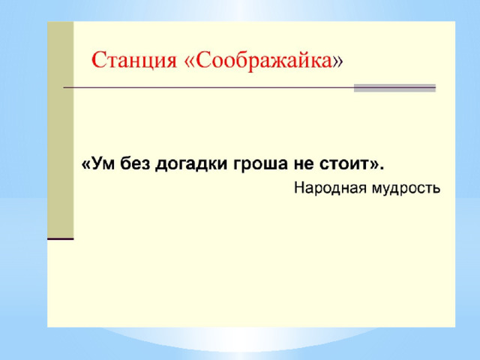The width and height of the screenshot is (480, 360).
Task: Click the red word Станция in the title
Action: [134, 61]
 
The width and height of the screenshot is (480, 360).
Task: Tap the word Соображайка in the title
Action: [264, 61]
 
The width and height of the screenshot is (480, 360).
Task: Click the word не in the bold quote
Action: [303, 164]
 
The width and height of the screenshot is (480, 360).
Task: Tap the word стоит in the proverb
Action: [343, 164]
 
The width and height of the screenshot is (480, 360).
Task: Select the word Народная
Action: [330, 188]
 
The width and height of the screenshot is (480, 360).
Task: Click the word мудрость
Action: [406, 188]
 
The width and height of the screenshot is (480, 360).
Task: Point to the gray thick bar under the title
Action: [394, 88]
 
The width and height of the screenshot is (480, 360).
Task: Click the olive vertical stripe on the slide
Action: [60, 129]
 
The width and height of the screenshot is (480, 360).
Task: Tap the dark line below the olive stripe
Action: [60, 238]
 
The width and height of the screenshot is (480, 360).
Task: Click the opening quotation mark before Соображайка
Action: [190, 61]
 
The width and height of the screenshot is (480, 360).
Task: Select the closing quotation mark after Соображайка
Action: [338, 61]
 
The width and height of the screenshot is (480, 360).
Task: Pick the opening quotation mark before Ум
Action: [86, 165]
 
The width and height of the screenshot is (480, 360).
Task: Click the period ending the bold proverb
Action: [381, 168]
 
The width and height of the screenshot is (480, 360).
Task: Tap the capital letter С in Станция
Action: [98, 60]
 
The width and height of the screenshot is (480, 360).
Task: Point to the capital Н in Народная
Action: [299, 187]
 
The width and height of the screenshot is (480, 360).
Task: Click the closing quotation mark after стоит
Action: [373, 165]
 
